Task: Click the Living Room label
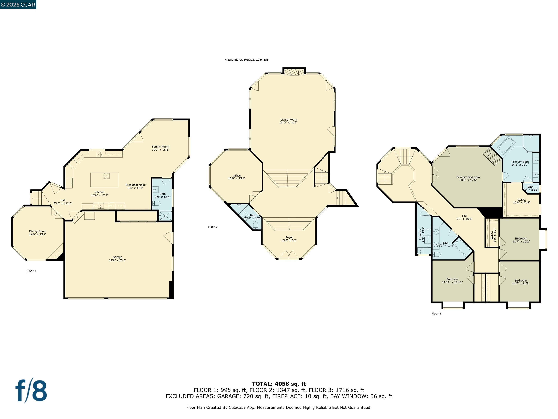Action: point(289,120)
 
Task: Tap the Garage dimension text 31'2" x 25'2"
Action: point(117,260)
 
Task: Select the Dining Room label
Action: point(38,231)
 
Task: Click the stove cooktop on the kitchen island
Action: point(106,176)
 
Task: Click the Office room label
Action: point(237,175)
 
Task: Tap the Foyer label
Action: point(289,237)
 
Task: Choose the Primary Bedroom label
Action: point(468,177)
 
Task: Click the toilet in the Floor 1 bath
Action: point(157,203)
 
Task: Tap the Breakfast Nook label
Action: point(136,185)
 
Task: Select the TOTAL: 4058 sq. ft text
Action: point(279,384)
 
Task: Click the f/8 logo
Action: point(31,390)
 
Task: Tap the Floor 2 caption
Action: point(213,227)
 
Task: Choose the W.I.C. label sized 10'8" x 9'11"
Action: point(521,199)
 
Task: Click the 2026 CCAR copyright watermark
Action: point(18,5)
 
